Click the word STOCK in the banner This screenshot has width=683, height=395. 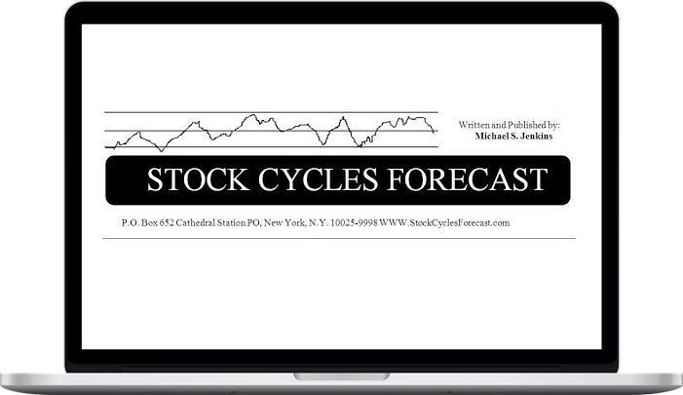pyautogui.click(x=198, y=179)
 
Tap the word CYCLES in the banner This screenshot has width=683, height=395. pyautogui.click(x=318, y=179)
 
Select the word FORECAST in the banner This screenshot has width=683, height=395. pyautogui.click(x=467, y=179)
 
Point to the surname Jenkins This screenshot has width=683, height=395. pyautogui.click(x=536, y=136)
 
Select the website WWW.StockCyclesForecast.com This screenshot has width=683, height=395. pyautogui.click(x=444, y=222)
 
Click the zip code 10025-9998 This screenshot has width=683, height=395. pyautogui.click(x=354, y=222)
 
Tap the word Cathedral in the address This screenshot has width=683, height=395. pyautogui.click(x=196, y=222)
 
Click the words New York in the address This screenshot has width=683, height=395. pyautogui.click(x=285, y=222)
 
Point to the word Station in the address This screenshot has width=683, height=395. pyautogui.click(x=231, y=222)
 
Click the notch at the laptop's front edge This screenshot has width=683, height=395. pyautogui.click(x=341, y=376)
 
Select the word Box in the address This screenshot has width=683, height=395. pyautogui.click(x=149, y=222)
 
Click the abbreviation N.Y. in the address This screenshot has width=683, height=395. pyautogui.click(x=319, y=222)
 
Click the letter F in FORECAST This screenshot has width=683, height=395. pyautogui.click(x=396, y=179)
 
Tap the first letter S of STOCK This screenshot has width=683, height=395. pyautogui.click(x=155, y=179)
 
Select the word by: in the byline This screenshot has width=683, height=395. pyautogui.click(x=554, y=125)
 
